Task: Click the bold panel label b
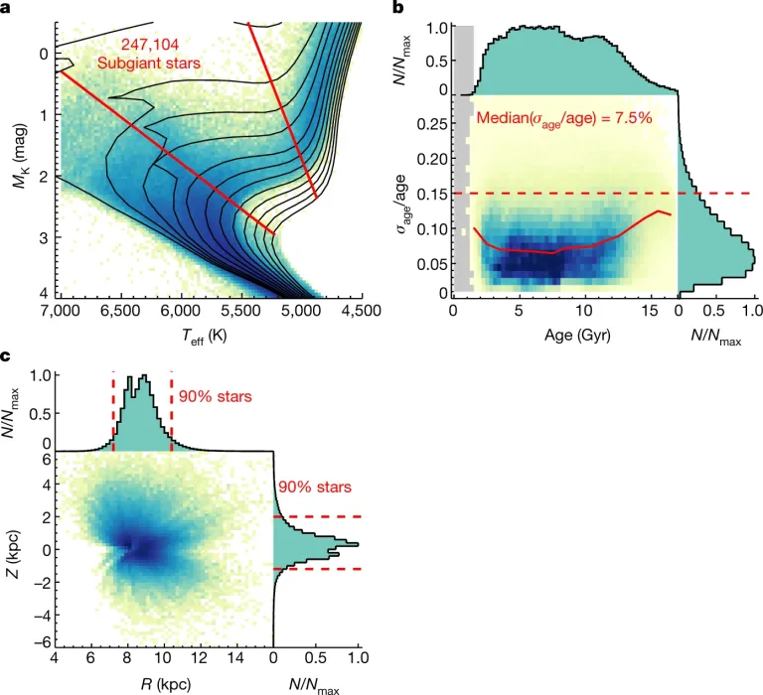coord(398,9)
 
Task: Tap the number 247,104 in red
coord(149,45)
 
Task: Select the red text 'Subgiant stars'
coord(149,63)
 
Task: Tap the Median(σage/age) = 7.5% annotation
coord(563,118)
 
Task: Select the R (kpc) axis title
coord(161,683)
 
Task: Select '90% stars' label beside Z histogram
coord(314,487)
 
